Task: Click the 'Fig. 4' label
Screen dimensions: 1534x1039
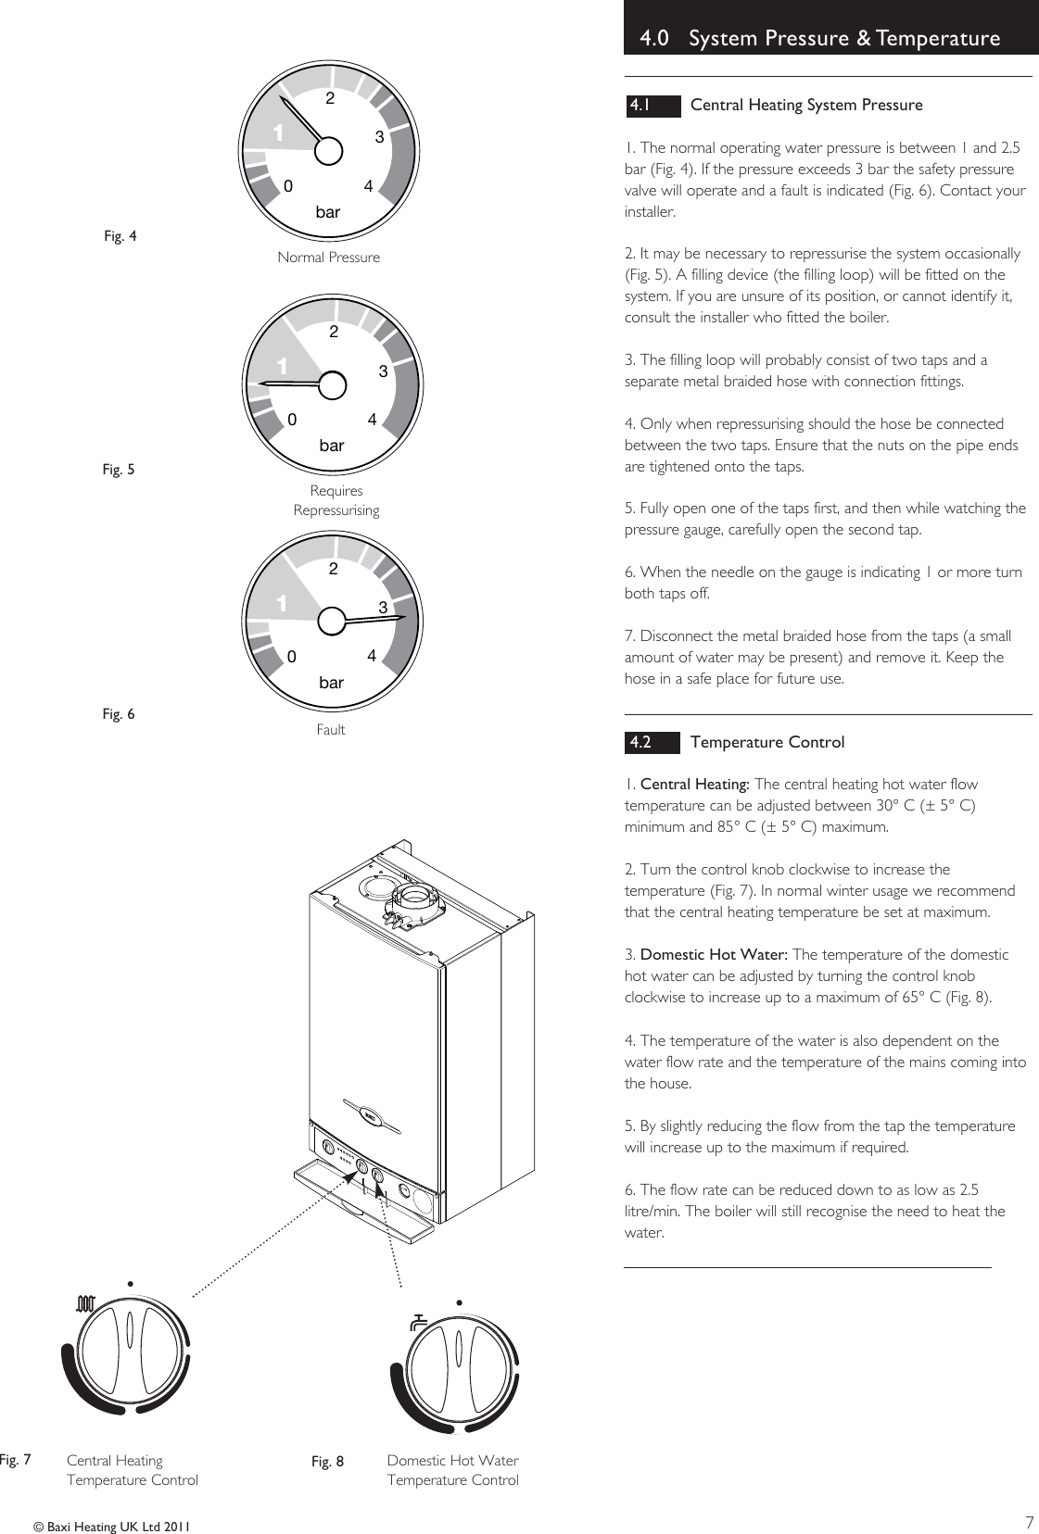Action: (x=120, y=236)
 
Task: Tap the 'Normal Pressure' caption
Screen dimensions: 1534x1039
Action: (x=328, y=258)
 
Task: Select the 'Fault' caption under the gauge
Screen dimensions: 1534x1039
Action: (x=330, y=730)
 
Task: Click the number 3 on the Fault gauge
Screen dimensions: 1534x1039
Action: (x=381, y=608)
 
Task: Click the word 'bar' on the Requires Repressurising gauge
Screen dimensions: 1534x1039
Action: (x=331, y=446)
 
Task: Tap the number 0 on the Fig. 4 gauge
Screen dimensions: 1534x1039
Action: (x=288, y=186)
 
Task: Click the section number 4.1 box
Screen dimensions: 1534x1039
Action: (x=653, y=106)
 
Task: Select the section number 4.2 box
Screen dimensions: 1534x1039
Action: (x=653, y=743)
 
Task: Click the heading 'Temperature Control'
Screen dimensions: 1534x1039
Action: (x=767, y=743)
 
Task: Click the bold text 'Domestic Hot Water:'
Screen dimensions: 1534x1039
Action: (x=714, y=955)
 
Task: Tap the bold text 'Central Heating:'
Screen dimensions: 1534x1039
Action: (x=695, y=785)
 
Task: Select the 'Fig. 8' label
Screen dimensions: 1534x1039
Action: (x=327, y=1462)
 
